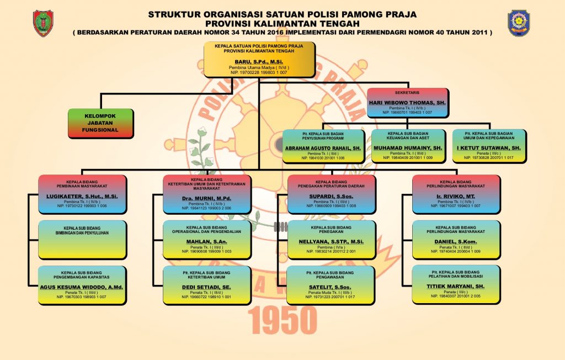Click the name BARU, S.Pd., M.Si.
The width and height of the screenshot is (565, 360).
pos(259,61)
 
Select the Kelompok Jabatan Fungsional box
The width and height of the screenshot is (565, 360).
pos(100,123)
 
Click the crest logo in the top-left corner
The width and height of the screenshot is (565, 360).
pos(43,23)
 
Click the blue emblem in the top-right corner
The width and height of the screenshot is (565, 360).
pos(519,23)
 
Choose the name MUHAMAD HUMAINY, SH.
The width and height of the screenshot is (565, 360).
pos(407,149)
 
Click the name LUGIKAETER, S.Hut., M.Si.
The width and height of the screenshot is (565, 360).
pos(83,197)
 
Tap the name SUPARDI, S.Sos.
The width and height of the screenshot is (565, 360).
pos(332,197)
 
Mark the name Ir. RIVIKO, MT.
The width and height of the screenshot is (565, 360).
pos(457,197)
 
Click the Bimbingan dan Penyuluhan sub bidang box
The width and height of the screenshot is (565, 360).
pos(83,240)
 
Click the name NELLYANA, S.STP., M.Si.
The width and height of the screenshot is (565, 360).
pos(332,241)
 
